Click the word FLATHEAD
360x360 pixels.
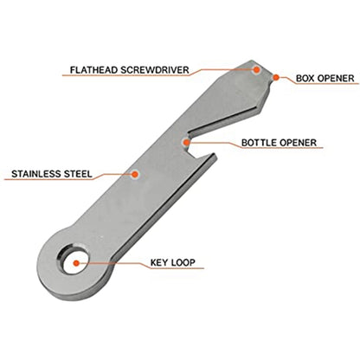pos(94,70)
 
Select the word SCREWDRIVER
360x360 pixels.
pos(155,70)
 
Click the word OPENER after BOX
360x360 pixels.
pos(336,78)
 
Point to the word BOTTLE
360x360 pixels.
pos(260,143)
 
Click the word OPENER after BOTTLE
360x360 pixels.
pos(298,143)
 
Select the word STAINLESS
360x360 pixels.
pos(36,174)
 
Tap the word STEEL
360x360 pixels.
pos(78,174)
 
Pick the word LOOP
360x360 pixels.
pos(183,262)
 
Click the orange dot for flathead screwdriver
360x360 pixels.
pos(256,69)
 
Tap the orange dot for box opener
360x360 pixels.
pos(276,77)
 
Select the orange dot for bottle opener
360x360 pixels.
pos(187,142)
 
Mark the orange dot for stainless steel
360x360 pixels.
pos(135,174)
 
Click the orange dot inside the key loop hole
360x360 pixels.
pos(76,263)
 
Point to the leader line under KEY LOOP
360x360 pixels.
pos(140,263)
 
